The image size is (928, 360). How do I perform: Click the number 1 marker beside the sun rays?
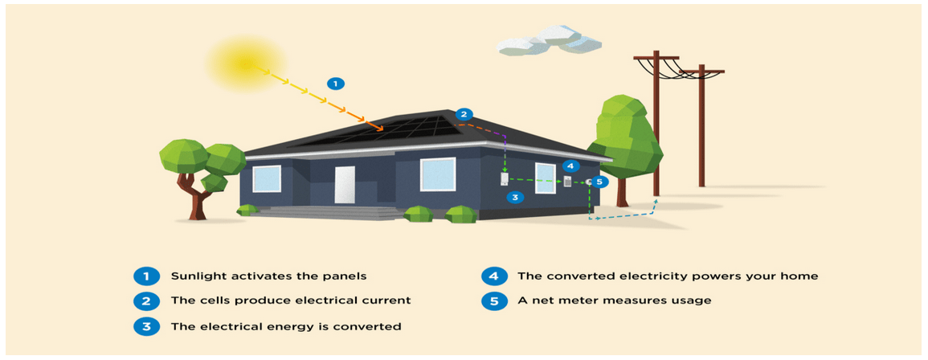[336, 83]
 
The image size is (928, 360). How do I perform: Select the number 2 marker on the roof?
[464, 113]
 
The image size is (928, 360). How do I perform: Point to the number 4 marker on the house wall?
[570, 166]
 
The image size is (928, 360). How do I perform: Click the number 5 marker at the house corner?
[600, 182]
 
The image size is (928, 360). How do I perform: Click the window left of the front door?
[267, 178]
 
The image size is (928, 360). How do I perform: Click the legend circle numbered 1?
[145, 276]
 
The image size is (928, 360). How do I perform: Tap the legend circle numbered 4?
[493, 276]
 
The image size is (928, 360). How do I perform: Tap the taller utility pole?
[656, 121]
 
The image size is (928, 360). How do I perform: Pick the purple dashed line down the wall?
[504, 153]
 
